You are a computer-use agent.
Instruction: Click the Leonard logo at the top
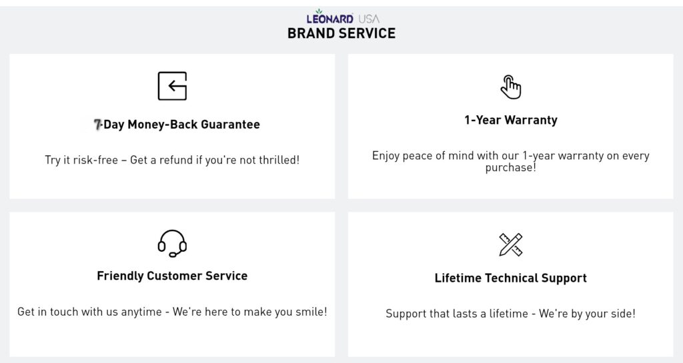329,17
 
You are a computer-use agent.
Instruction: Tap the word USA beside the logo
369,19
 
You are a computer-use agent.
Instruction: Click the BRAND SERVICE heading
341,33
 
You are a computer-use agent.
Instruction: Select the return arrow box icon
172,86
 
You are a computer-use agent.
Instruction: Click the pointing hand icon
510,87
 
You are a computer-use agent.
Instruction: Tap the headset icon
172,243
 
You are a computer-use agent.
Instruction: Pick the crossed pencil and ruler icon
510,244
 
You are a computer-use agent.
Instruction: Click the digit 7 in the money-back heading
97,125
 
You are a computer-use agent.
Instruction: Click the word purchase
509,169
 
